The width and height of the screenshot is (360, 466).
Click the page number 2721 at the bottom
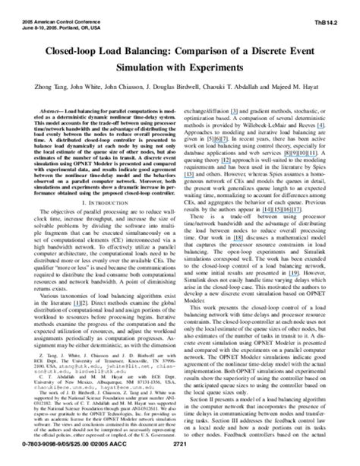tap(179, 458)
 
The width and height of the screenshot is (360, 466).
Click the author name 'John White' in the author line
tap(84, 87)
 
